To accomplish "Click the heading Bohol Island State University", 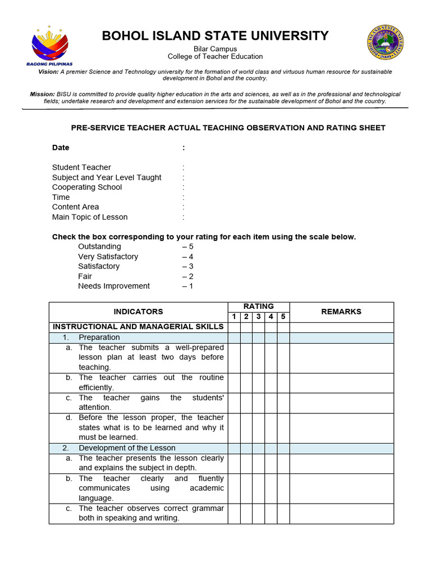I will tap(215, 36).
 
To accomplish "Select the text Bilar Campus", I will tap(215, 49).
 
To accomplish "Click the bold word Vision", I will tap(48, 72).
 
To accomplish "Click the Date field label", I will tap(61, 148).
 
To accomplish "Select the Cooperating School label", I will tap(87, 187).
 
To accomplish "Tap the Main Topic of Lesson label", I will tap(90, 217).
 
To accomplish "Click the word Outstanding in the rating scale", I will tap(99, 247).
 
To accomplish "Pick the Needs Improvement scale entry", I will tap(114, 286).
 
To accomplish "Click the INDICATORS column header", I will tap(138, 312).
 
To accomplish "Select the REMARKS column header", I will tap(341, 312).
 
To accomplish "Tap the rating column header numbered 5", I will tap(283, 317).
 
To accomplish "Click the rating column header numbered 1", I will tap(234, 317).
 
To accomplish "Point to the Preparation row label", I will tap(99, 337).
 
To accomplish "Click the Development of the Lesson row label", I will tap(127, 448).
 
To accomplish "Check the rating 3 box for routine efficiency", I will tap(259, 383).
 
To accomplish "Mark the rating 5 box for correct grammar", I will tap(283, 513).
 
